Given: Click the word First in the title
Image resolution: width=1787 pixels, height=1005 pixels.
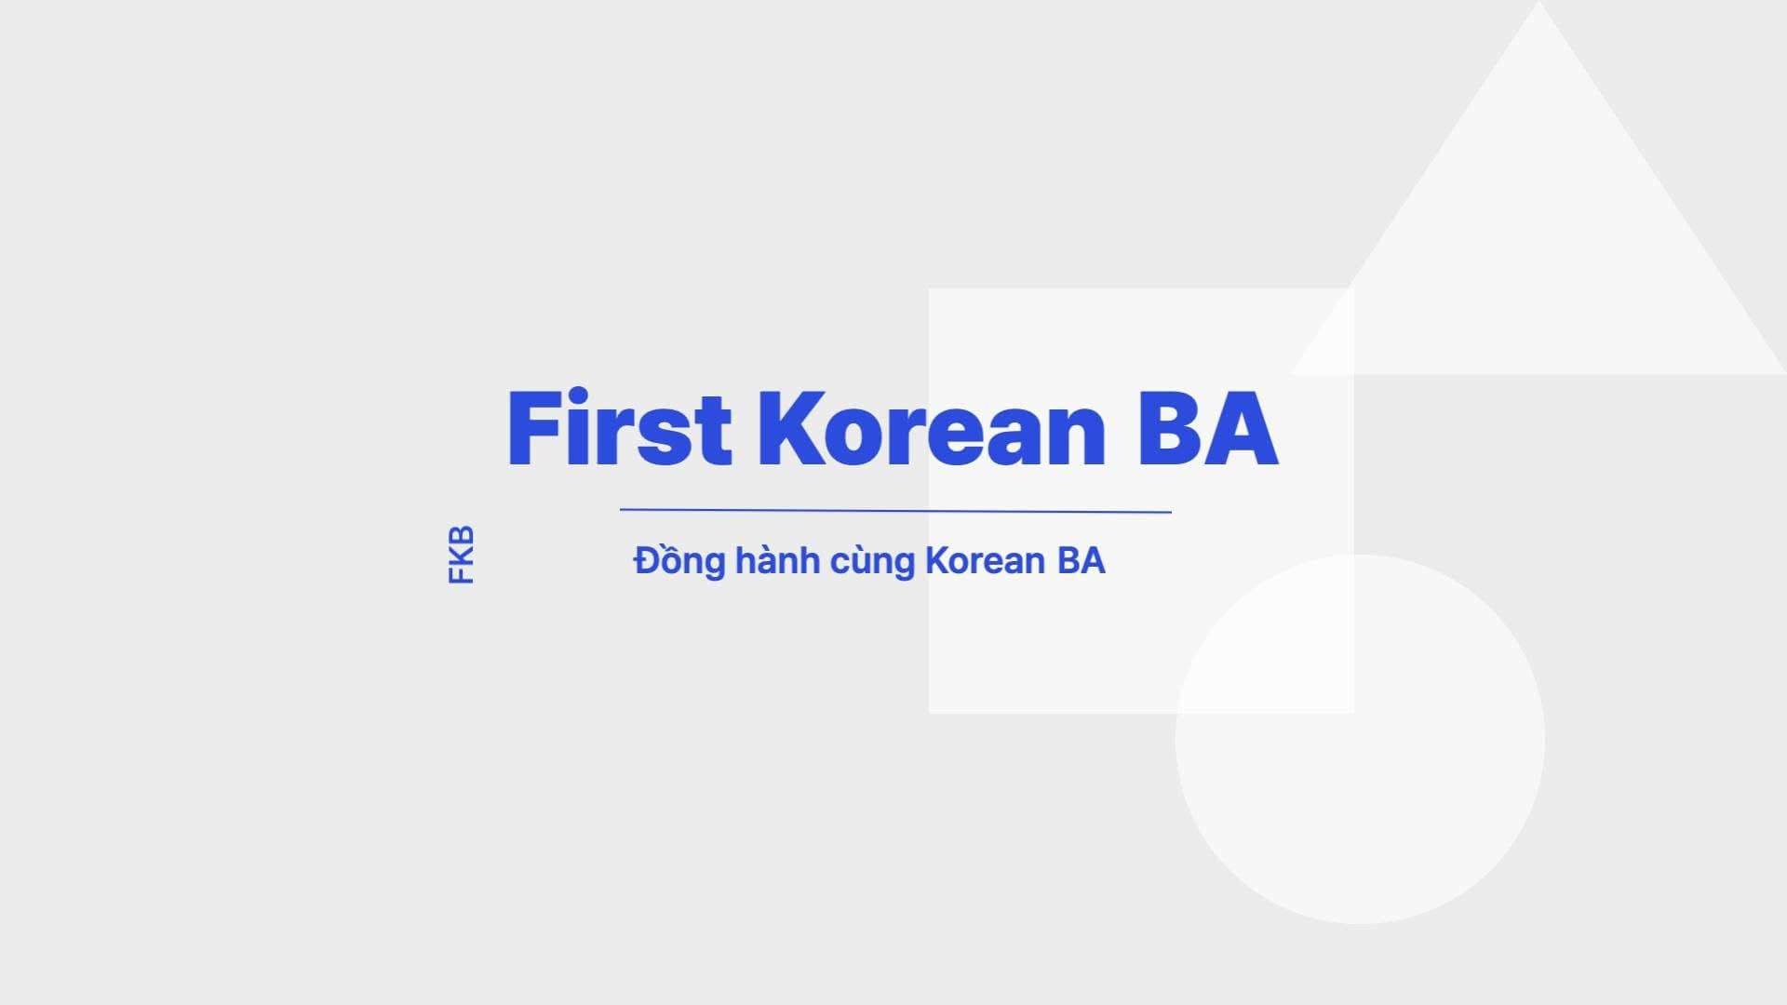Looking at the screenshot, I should [x=619, y=429].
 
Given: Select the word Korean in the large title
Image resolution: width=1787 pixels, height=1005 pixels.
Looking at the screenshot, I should [x=932, y=429].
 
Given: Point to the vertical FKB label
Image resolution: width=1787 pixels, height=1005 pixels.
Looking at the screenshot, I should [x=462, y=556].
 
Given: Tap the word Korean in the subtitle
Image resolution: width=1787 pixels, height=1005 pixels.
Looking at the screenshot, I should [x=986, y=561].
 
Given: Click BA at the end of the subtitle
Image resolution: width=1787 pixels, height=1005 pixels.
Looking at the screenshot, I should [x=1081, y=561].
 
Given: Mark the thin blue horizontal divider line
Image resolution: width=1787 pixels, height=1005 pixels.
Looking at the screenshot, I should [x=895, y=511].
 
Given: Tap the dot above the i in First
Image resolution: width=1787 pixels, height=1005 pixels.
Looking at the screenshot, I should [x=578, y=395].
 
